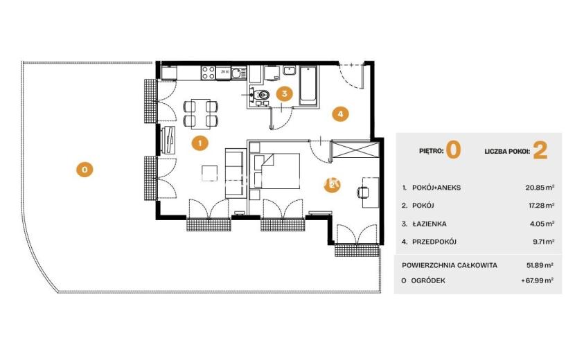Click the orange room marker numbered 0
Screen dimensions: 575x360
(85, 170)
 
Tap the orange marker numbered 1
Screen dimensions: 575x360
(200, 143)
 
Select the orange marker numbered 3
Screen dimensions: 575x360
(284, 94)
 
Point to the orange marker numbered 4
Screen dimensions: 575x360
(340, 114)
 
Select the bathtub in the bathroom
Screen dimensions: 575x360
(308, 86)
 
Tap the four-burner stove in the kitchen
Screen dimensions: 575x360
(209, 73)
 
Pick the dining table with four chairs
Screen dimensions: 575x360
(201, 114)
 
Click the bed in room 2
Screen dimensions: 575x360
(275, 171)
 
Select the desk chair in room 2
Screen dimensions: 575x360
(363, 192)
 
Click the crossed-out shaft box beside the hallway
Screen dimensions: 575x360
(355, 150)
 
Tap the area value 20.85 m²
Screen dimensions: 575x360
(540, 188)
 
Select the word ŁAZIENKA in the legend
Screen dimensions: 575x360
(430, 224)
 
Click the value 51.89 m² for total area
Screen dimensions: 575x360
(540, 265)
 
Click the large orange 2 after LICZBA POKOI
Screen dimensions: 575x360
(540, 150)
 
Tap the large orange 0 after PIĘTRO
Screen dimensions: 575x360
(453, 150)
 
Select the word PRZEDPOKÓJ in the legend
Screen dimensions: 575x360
(434, 242)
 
